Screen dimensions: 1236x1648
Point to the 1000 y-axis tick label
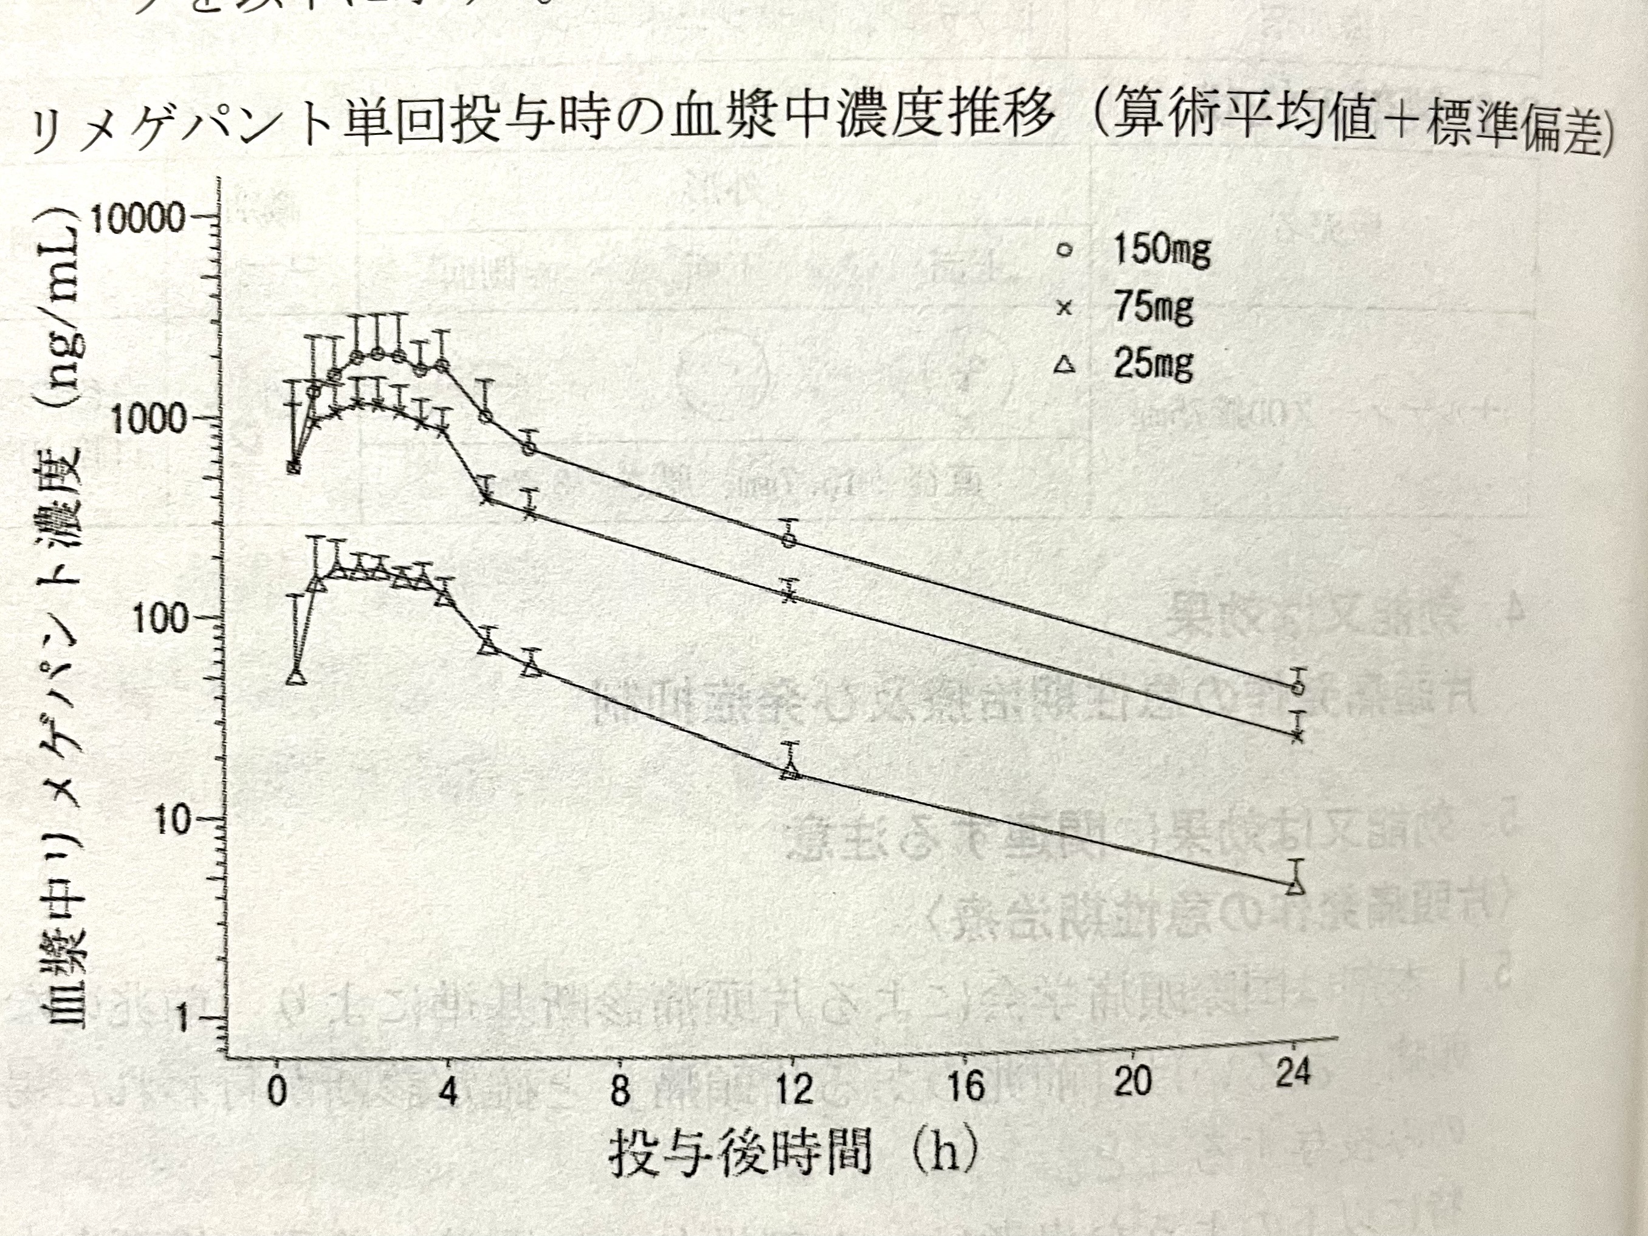coord(148,420)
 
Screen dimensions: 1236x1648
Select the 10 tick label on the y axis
coord(173,821)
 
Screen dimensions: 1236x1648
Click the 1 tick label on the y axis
coord(182,1019)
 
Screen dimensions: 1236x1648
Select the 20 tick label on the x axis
coord(1133,1080)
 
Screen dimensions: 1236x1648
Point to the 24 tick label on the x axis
coord(1293,1073)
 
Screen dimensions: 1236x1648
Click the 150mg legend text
coord(1161,250)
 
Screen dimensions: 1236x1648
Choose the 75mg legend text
coord(1153,307)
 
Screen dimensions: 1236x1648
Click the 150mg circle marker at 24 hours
coord(1299,687)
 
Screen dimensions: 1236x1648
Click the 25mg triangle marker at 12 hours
coord(791,771)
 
